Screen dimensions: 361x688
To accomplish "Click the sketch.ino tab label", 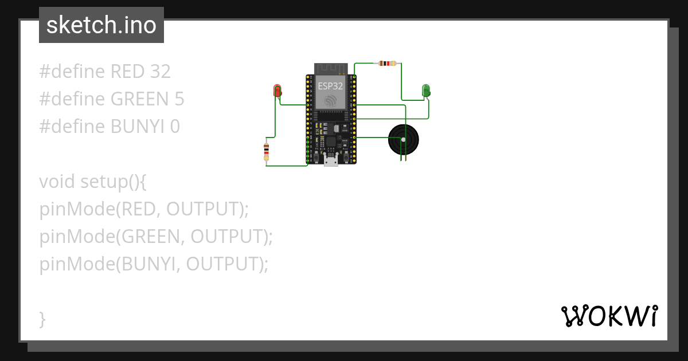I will pos(101,25).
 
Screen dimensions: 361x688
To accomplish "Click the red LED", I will pos(277,91).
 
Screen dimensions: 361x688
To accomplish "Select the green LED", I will pos(426,90).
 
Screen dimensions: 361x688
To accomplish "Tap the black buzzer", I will pos(404,139).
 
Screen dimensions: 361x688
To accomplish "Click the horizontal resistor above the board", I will pos(388,63).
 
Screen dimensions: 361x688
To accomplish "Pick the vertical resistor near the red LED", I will pos(266,151).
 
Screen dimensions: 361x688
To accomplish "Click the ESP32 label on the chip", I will pos(331,87).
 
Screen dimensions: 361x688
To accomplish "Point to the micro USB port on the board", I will pos(331,161).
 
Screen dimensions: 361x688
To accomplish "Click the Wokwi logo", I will pos(609,316).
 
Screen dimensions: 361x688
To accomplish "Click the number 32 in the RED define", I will pos(160,72).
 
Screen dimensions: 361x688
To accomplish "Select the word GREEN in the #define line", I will pos(139,99).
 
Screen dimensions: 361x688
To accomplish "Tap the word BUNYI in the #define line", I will pos(138,127).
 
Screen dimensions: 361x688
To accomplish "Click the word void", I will pos(57,182).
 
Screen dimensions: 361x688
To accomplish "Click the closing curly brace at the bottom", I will pos(42,319).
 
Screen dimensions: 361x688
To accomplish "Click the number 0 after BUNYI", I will pos(175,127).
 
